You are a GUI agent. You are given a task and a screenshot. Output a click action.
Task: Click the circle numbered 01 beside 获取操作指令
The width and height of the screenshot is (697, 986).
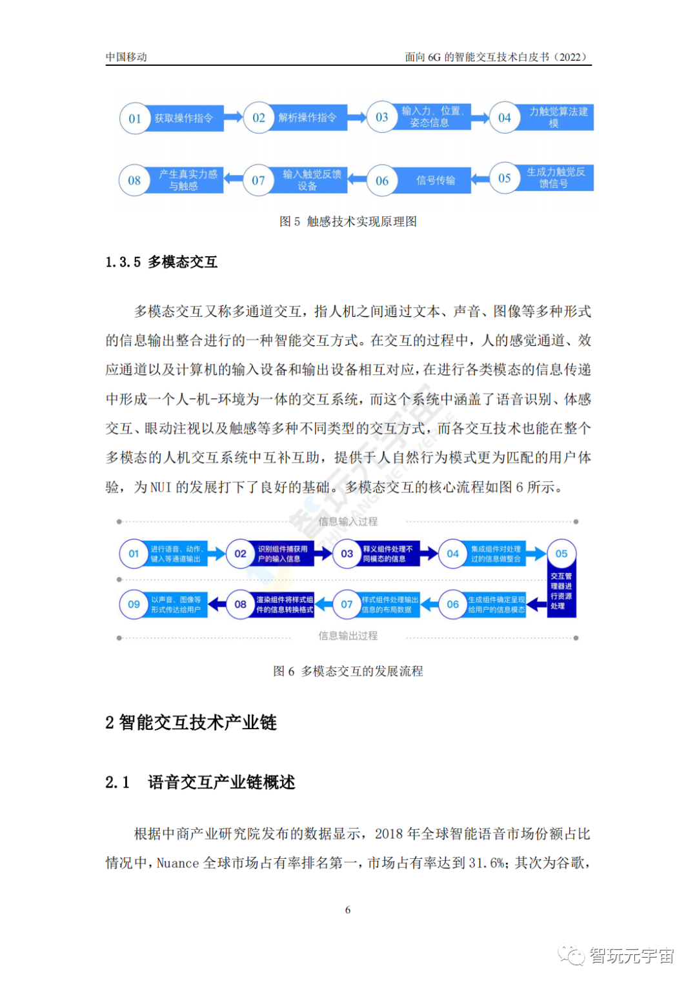coord(135,119)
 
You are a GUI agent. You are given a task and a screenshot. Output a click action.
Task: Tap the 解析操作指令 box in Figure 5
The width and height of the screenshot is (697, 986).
coord(308,118)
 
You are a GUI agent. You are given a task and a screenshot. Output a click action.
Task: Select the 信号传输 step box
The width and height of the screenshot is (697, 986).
coord(436,181)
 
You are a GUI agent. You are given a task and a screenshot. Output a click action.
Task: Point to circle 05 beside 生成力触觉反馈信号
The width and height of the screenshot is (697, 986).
coord(505,178)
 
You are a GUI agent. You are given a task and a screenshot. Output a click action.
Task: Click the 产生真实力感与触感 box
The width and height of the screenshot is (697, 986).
coord(188,180)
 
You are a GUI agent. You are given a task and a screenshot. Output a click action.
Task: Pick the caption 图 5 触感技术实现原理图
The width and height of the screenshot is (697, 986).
coord(348,221)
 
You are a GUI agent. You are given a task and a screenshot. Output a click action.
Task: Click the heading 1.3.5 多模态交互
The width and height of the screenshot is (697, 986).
coord(161,262)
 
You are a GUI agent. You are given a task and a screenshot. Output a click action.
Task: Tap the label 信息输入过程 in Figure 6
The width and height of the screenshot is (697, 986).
coord(348,521)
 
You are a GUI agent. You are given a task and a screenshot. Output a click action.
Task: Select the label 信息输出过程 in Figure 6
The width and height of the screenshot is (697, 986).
coord(348,636)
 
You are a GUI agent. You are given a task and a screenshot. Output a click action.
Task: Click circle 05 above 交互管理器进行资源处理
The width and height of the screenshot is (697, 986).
coord(561,554)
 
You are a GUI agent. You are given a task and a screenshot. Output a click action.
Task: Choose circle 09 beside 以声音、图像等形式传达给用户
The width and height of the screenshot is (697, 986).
coord(134,605)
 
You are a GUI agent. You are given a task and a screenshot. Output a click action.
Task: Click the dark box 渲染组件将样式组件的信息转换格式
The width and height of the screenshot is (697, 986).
coord(284,605)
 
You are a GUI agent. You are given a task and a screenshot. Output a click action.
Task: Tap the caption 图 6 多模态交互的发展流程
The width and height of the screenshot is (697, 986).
coord(348,671)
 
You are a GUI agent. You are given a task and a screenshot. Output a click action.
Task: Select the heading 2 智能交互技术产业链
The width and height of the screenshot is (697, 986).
coord(191,723)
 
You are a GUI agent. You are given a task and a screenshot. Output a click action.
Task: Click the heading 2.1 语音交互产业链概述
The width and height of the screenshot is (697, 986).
coord(200,783)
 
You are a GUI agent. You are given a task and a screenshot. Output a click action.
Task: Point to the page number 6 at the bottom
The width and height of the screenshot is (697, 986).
coord(348,910)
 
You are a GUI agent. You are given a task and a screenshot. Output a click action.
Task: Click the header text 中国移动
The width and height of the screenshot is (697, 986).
coord(126,57)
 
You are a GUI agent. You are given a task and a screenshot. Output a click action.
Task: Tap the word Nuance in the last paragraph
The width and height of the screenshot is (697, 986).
coord(177,863)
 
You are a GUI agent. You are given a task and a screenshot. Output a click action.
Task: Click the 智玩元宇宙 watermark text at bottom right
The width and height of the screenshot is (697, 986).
coord(631,956)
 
